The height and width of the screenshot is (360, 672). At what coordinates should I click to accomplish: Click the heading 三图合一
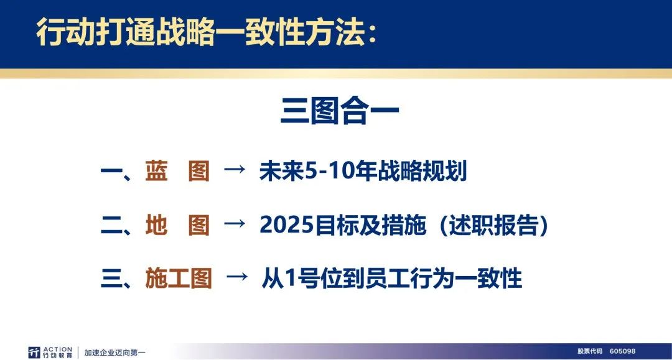(x=340, y=111)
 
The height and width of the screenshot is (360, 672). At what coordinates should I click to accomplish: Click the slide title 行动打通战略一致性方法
(x=201, y=32)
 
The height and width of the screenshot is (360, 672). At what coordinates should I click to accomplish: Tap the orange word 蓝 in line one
(x=156, y=171)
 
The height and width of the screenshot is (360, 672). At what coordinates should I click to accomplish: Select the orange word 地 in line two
(x=156, y=224)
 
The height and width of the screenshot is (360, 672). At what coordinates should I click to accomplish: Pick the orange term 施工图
(x=179, y=279)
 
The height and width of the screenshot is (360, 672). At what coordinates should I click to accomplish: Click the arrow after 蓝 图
(x=235, y=170)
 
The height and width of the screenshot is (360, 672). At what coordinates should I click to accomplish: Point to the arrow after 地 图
(x=235, y=223)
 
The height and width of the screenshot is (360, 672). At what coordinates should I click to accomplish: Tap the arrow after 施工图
(x=236, y=277)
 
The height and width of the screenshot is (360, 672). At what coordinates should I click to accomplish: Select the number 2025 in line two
(x=286, y=224)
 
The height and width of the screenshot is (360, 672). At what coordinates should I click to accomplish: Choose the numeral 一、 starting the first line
(x=116, y=172)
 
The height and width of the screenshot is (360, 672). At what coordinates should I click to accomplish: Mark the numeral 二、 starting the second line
(x=116, y=226)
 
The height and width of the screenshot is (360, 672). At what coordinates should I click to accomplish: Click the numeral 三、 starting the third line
(x=116, y=279)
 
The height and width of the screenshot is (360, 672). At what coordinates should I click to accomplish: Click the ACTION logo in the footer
(x=50, y=353)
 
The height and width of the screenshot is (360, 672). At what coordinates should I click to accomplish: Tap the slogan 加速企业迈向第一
(x=115, y=353)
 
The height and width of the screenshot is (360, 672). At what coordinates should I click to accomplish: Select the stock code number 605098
(x=622, y=351)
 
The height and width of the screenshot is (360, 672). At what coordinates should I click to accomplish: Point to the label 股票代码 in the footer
(x=590, y=351)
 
